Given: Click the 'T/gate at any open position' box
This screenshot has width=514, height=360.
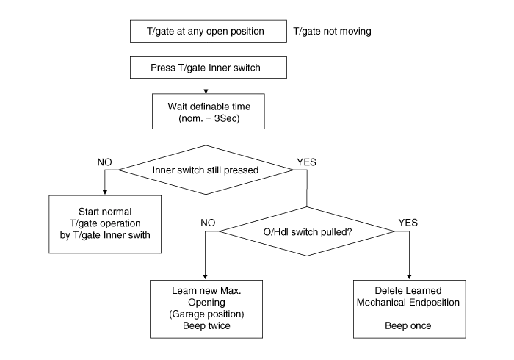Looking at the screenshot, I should coord(208,32).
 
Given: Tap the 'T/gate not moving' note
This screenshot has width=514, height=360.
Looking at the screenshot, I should coord(333,32).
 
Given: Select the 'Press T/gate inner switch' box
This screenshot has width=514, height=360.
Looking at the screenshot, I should coord(208,68).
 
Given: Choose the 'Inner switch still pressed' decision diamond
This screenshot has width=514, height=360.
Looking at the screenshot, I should coord(206,170).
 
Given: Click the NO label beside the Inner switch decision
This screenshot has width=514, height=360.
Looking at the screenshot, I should coord(104,162).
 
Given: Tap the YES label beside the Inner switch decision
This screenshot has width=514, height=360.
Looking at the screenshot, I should coord(305,162).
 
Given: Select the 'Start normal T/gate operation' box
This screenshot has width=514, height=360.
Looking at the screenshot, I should coord(106,225).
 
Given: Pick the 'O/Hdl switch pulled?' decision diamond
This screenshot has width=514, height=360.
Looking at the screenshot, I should coord(308,231).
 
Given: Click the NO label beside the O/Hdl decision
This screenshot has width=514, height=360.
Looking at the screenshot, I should coord(209,223).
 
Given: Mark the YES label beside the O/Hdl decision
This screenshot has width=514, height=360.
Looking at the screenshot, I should coord(408,223).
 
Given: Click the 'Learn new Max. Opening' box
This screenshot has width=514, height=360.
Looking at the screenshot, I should coord(206,308).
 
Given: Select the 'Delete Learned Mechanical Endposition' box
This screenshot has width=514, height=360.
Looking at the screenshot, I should coord(410,308).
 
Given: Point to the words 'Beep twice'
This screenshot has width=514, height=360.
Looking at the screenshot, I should coord(206,326).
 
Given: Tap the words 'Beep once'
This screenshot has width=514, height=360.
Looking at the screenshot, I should coord(409,325).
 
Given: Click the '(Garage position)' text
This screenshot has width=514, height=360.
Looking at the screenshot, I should coord(206,314).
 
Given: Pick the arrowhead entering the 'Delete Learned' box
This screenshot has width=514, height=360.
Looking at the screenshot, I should coord(409,276).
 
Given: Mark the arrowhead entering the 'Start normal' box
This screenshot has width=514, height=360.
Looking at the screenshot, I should coord(104,192).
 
